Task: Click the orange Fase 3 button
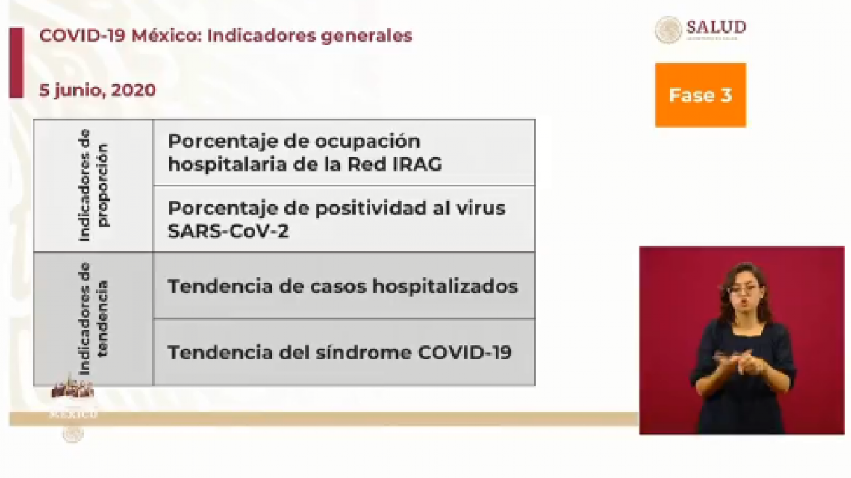(699, 95)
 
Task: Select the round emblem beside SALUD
(668, 30)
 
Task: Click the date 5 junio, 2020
(97, 90)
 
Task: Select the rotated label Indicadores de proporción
(93, 185)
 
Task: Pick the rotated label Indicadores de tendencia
(93, 318)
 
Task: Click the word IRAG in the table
(412, 164)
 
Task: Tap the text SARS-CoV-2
(228, 230)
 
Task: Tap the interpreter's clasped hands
(742, 363)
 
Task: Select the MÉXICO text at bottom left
(72, 414)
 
